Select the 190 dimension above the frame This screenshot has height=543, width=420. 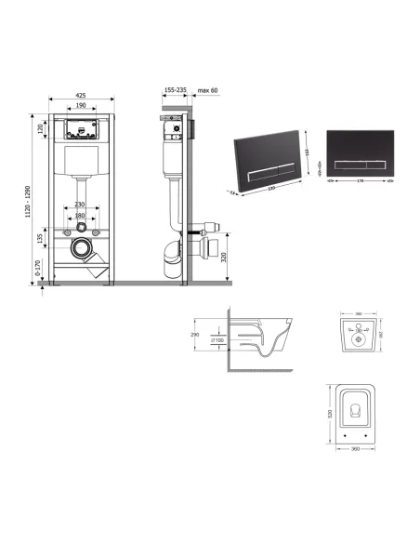83,107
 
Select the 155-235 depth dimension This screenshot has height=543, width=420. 174,91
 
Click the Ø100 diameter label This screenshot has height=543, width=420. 217,342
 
